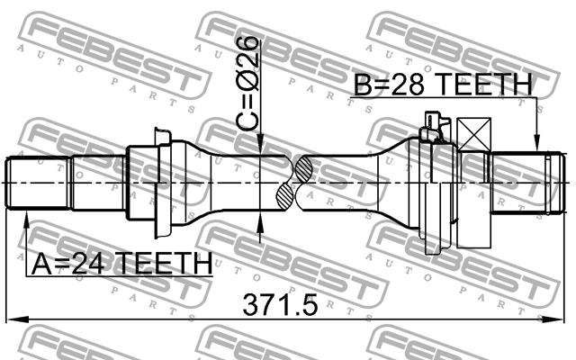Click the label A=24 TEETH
[121, 264]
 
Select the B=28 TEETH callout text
[442, 85]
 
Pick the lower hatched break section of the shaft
[287, 196]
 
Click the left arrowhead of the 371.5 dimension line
[16, 319]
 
